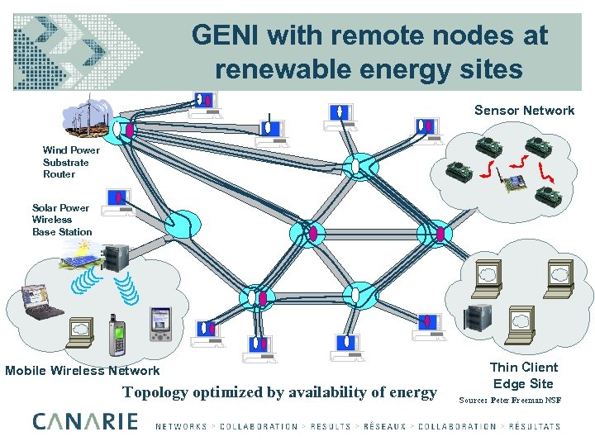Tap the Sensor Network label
(x=524, y=111)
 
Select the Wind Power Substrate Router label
(x=71, y=162)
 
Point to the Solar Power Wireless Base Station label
(x=62, y=220)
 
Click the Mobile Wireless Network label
(x=83, y=371)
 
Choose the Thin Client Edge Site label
(x=523, y=375)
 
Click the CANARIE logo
(x=86, y=422)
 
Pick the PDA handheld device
(x=159, y=324)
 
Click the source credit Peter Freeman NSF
(x=510, y=399)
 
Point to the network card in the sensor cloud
(x=516, y=183)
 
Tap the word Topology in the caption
(x=155, y=392)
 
